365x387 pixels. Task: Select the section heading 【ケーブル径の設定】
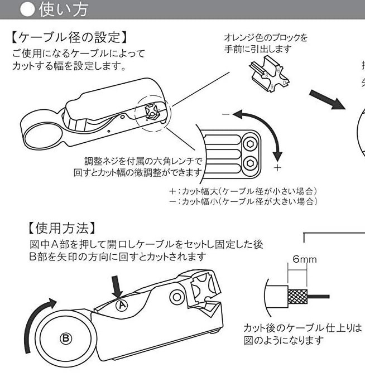pyautogui.click(x=70, y=38)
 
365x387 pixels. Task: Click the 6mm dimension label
pyautogui.click(x=305, y=259)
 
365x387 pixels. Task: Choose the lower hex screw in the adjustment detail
pyautogui.click(x=251, y=163)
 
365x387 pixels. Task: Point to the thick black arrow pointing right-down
pyautogui.click(x=334, y=101)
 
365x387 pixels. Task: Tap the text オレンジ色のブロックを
pyautogui.click(x=265, y=38)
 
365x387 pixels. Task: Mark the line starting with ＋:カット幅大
pyautogui.click(x=246, y=191)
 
